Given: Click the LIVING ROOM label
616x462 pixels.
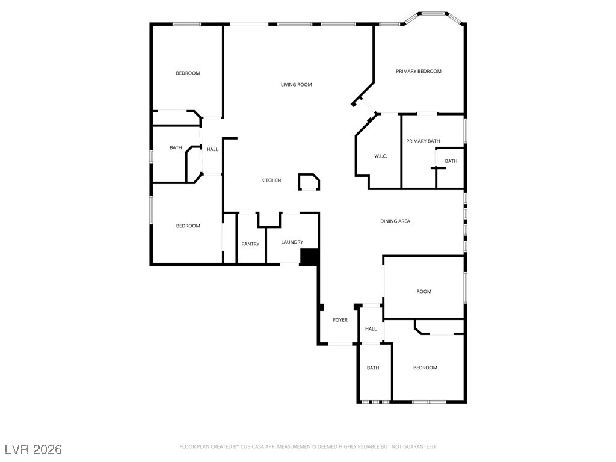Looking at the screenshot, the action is pos(296,84).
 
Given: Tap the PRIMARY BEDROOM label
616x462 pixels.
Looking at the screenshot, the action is pos(419,71).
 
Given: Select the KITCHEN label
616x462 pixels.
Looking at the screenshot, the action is pos(271,180).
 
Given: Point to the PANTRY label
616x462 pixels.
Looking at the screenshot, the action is pos(250,244).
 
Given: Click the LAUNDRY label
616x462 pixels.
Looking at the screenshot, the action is pos(292,242).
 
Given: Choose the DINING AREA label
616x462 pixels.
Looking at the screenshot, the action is pos(395,221).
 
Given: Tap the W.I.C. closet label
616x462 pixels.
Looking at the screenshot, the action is pos(380,156).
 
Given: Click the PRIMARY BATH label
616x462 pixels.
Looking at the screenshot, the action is pos(423,141).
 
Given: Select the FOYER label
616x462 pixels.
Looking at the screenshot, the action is pos(340,320).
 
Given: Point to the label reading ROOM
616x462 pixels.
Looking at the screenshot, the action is pos(424,292).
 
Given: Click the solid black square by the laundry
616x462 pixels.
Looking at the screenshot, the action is pos(309,257).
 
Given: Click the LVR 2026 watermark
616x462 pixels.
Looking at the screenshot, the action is pos(34,449).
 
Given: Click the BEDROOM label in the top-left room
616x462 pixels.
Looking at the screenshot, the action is pos(188,73).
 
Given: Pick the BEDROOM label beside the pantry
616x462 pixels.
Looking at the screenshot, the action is pos(188,226).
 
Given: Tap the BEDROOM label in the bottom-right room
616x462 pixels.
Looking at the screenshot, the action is pos(425,368).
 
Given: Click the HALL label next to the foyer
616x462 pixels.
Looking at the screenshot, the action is pos(371,329).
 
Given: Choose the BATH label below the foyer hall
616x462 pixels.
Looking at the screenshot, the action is pos(373,368).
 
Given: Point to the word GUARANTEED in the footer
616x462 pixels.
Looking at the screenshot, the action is pos(420,447).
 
